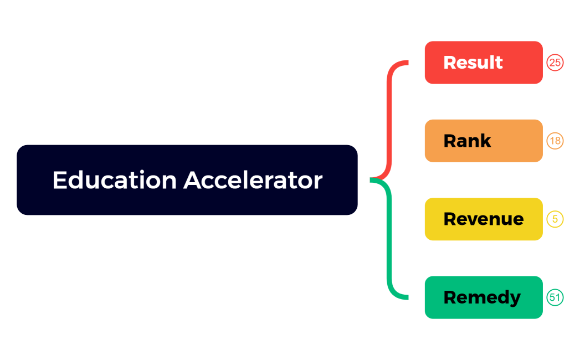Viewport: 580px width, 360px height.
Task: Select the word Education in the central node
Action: pyautogui.click(x=115, y=180)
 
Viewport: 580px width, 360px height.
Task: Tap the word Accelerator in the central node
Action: pyautogui.click(x=253, y=180)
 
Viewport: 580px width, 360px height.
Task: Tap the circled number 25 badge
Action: pyautogui.click(x=555, y=63)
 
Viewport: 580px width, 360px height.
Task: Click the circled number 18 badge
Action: pyautogui.click(x=555, y=141)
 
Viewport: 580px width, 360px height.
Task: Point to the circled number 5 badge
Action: pyautogui.click(x=555, y=219)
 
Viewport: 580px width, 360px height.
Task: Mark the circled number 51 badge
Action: pyautogui.click(x=555, y=297)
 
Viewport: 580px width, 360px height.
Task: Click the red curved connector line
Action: pyautogui.click(x=390, y=111)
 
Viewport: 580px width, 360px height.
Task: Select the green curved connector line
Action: pyautogui.click(x=390, y=249)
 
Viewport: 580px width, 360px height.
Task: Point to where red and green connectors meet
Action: pyautogui.click(x=372, y=179)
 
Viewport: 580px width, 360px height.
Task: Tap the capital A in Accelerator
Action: pyautogui.click(x=192, y=180)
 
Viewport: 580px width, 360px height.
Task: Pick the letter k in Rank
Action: pyautogui.click(x=485, y=141)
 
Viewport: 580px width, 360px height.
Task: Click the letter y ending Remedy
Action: pyautogui.click(x=515, y=299)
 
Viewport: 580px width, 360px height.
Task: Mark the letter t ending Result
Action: pyautogui.click(x=499, y=63)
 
